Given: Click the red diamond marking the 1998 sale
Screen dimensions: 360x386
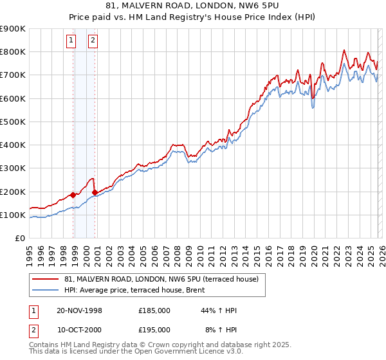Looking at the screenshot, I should coord(73,195).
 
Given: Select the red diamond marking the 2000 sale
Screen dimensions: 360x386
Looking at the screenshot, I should coord(95,192).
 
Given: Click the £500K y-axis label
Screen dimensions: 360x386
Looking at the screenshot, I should coord(13,122).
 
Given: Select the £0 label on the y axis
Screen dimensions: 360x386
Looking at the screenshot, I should coord(19,238).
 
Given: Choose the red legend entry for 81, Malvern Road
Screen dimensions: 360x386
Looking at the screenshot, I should coord(161,279).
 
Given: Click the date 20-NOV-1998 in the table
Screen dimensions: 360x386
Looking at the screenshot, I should coord(79,310).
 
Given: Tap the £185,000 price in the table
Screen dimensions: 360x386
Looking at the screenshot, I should coord(154,310).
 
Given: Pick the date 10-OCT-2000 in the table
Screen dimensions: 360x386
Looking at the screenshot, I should coord(79,329).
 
